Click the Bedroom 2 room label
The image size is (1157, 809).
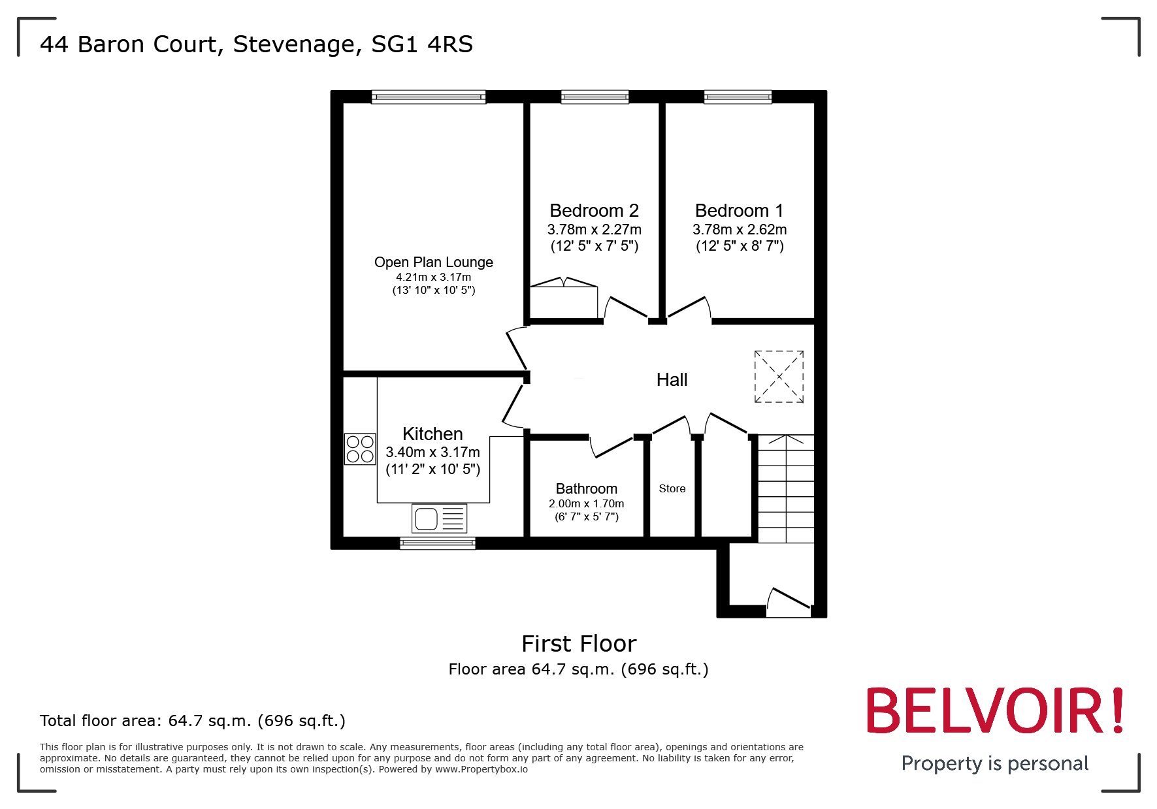click(x=594, y=211)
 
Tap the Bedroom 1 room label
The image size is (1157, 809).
click(x=739, y=211)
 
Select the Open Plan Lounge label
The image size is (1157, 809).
click(x=433, y=262)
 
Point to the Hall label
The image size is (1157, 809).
click(x=672, y=380)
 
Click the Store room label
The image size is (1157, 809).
click(x=672, y=488)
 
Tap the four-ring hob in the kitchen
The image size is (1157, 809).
click(x=360, y=449)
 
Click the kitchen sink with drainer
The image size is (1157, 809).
click(x=439, y=519)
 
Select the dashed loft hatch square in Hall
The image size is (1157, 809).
click(x=779, y=377)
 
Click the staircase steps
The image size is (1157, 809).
click(x=785, y=488)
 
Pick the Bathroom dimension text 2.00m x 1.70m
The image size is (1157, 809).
click(x=586, y=503)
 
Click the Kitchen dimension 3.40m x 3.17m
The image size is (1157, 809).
click(x=432, y=452)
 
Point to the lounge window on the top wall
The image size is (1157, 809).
click(x=429, y=97)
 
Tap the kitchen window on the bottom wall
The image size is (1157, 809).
click(x=437, y=543)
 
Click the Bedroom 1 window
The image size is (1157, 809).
click(x=738, y=97)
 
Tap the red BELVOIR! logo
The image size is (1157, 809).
click(x=994, y=711)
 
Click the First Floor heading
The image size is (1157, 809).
click(x=579, y=644)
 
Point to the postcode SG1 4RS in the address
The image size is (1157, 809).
click(x=422, y=44)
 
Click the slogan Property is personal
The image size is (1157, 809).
click(x=994, y=763)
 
